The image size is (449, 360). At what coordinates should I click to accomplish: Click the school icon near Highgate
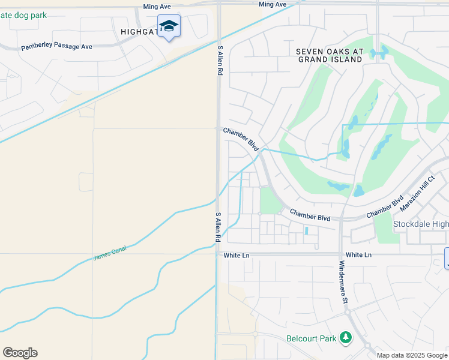[x=169, y=26]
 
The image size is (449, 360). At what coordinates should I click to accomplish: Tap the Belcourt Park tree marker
[x=345, y=338]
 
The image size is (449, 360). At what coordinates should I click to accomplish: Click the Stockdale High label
[x=420, y=224]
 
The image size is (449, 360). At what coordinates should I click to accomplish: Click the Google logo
[x=20, y=353]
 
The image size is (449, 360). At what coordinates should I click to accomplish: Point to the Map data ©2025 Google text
[x=412, y=355]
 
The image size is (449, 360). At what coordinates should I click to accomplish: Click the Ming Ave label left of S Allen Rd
[x=157, y=7]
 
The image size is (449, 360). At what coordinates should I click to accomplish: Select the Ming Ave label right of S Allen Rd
[x=273, y=4]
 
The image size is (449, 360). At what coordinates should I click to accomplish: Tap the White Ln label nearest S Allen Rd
[x=236, y=255]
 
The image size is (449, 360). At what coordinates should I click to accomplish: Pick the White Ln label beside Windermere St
[x=358, y=255]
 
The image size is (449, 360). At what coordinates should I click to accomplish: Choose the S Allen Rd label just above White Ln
[x=218, y=227]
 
